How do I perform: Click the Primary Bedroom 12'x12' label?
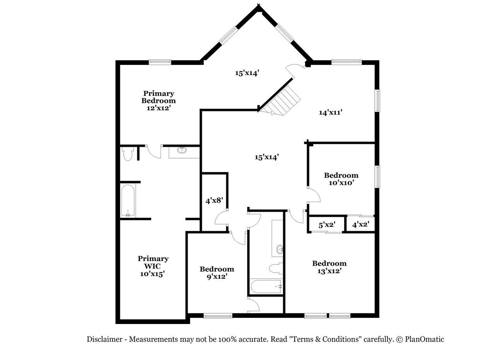click(159, 101)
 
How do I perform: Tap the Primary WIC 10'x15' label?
click(153, 266)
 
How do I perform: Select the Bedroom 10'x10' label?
click(341, 179)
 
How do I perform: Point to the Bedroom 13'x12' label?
click(329, 267)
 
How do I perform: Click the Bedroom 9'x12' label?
click(217, 273)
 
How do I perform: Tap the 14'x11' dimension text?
click(331, 113)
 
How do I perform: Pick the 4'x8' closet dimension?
click(214, 201)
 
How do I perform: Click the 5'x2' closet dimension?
click(327, 225)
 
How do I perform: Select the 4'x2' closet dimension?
click(361, 225)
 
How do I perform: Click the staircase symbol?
click(281, 101)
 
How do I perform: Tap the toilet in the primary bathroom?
click(128, 154)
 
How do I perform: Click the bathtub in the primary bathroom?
click(128, 201)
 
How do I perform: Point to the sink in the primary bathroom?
click(182, 150)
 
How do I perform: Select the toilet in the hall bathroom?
click(276, 268)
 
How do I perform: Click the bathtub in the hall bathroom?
click(266, 287)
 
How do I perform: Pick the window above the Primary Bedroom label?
click(160, 62)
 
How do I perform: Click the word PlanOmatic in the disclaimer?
click(424, 339)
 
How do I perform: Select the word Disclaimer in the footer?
click(104, 339)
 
